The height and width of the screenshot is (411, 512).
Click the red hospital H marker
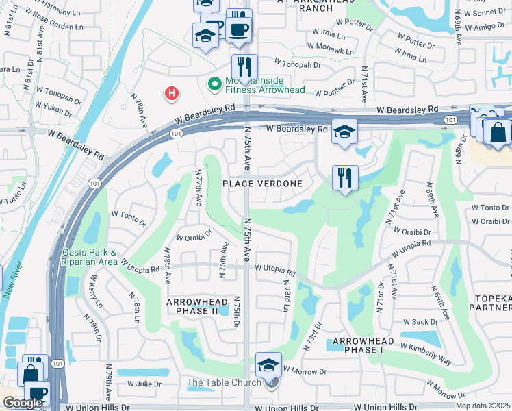[172, 92]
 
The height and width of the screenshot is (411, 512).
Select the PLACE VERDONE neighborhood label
[263, 184]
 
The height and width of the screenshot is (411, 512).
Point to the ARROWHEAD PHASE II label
[192, 306]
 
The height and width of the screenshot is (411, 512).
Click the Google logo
[23, 403]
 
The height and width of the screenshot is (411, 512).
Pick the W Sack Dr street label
[420, 321]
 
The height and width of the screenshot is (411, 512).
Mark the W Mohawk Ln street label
[331, 51]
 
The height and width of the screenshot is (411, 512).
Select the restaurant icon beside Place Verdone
[344, 178]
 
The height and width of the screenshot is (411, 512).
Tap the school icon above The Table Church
[269, 364]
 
